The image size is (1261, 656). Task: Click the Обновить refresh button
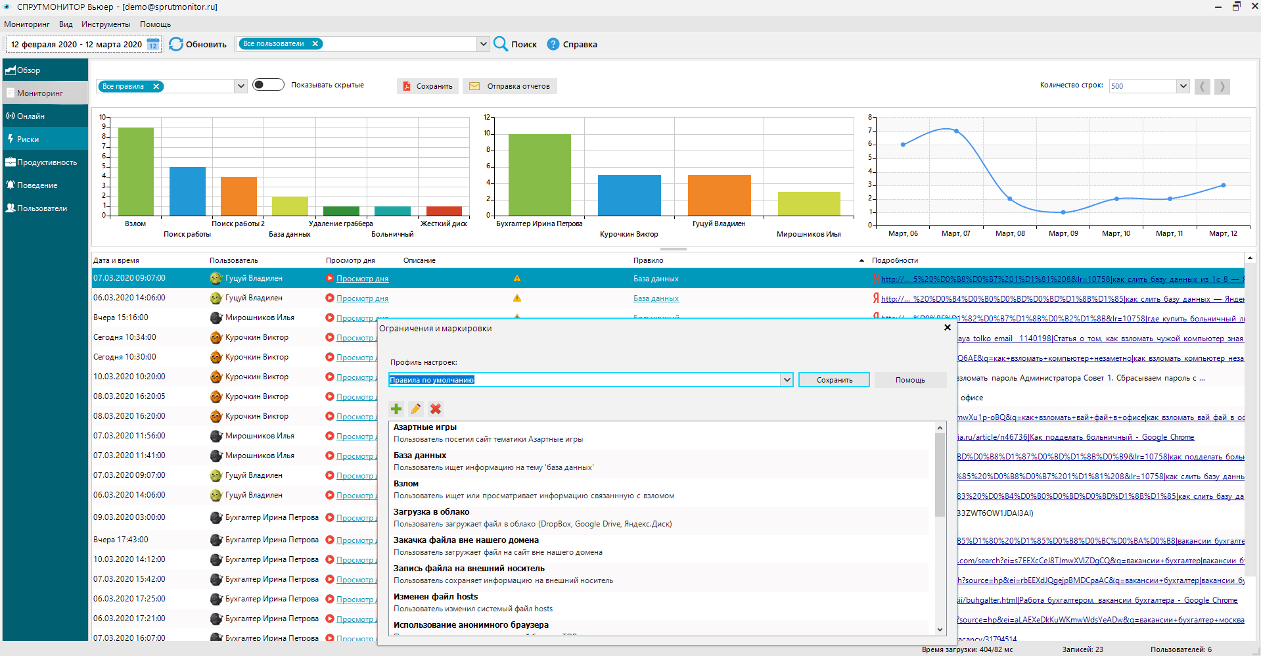(x=198, y=44)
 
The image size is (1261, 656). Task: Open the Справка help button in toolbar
(x=572, y=44)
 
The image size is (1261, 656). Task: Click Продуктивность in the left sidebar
(x=45, y=162)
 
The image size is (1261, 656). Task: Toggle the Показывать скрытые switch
(x=268, y=85)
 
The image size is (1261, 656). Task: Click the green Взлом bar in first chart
(x=136, y=171)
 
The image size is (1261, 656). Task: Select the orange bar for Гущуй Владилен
(x=719, y=195)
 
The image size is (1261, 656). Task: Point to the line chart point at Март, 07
(x=956, y=131)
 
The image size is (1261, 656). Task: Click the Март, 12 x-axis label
(x=1223, y=233)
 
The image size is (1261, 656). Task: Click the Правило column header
(x=648, y=260)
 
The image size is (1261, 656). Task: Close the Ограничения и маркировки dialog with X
(x=947, y=327)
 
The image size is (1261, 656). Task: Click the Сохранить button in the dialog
(x=834, y=380)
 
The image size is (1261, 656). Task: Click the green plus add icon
(x=396, y=409)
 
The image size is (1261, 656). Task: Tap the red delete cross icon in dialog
(x=435, y=409)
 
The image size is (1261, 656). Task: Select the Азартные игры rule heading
(x=425, y=427)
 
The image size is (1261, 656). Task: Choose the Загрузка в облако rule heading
(x=431, y=512)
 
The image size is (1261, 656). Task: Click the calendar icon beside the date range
(x=153, y=44)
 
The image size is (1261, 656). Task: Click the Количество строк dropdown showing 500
(x=1149, y=86)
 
